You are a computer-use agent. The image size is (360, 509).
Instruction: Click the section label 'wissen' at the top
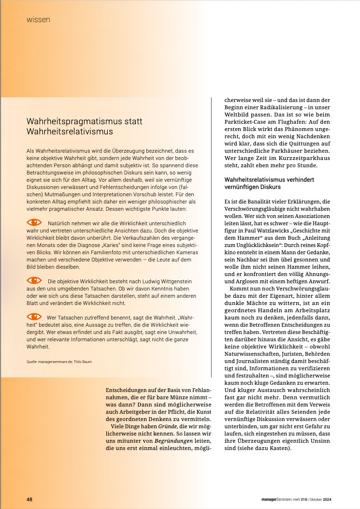(38, 20)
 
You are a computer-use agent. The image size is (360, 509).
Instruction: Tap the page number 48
(29, 500)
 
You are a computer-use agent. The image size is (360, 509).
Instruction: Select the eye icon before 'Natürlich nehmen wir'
(34, 222)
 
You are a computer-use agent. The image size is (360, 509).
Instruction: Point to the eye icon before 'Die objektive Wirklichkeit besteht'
(34, 280)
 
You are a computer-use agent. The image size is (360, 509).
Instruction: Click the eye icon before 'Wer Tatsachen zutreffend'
(34, 316)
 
